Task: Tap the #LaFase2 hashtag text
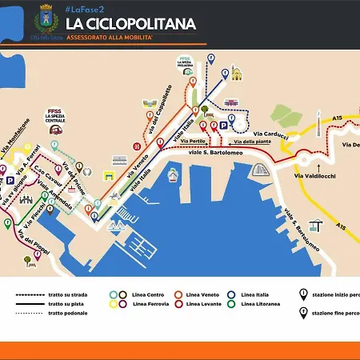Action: [82, 8]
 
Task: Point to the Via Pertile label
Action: [194, 142]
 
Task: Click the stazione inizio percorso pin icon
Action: [303, 294]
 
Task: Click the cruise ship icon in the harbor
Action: [258, 170]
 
